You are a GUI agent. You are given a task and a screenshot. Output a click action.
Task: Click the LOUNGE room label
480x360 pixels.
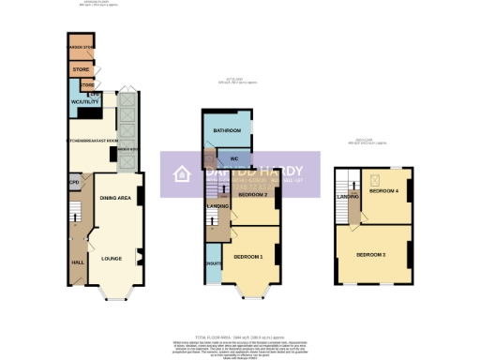tap(112, 258)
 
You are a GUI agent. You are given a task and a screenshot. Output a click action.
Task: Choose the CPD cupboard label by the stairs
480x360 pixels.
tap(73, 183)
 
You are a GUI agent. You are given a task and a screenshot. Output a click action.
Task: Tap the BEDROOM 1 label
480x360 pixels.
tap(247, 256)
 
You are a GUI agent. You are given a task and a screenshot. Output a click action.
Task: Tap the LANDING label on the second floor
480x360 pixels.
tap(348, 197)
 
